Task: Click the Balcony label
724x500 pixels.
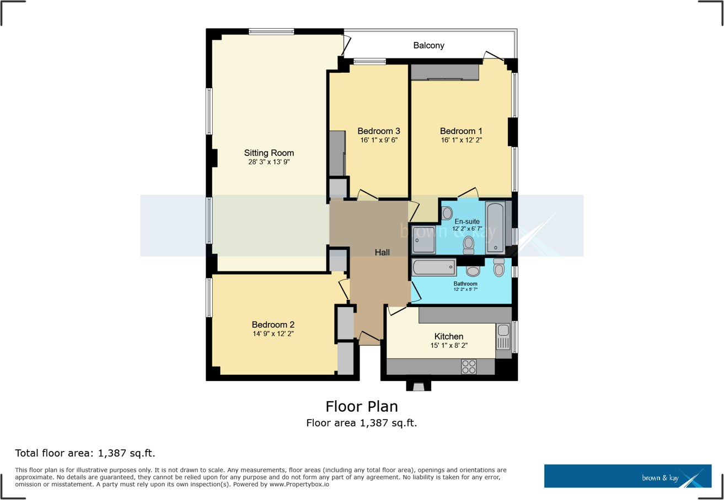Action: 428,45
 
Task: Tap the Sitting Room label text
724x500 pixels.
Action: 269,153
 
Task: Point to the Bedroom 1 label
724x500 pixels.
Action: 461,131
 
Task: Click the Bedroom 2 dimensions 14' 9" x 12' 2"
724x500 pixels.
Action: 273,334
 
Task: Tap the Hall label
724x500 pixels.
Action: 382,252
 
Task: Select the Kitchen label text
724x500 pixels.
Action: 448,336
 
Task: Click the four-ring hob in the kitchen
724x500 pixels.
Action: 469,367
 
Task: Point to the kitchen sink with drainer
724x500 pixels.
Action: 503,337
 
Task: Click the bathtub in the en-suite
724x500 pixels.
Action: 495,227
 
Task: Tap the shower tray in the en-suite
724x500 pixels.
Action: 423,239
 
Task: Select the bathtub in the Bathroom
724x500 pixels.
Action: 433,268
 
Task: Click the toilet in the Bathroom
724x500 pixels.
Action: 499,268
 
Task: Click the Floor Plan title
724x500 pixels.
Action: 361,406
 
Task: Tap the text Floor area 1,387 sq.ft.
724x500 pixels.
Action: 361,423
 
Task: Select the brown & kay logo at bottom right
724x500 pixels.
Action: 628,476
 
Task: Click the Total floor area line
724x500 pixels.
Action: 85,454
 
